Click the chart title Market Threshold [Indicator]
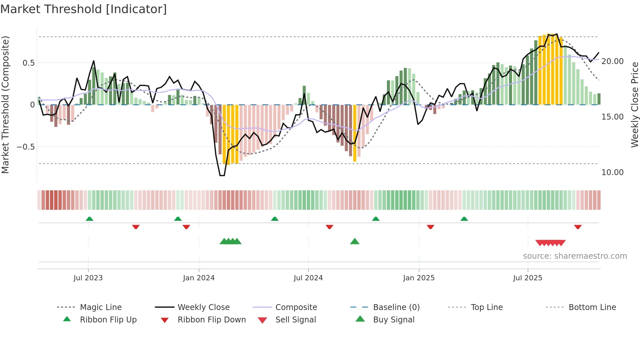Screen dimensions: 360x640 point(84,9)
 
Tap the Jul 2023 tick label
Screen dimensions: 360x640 point(88,278)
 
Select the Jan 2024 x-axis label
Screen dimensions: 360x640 point(199,278)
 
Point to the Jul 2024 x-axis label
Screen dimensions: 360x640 point(308,278)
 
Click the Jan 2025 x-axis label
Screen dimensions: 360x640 point(419,278)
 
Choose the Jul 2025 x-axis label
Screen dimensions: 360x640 point(527,278)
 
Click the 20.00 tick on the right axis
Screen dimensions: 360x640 point(612,61)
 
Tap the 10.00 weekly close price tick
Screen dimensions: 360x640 point(612,172)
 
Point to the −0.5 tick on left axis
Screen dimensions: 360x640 point(25,147)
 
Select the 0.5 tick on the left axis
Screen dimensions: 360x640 point(28,63)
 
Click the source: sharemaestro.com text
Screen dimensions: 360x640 point(575,256)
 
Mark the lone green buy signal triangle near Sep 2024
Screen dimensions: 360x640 point(355,241)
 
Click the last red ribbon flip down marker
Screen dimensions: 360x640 point(578,227)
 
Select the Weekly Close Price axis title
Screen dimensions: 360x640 point(634,105)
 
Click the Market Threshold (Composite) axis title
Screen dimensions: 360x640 point(5,105)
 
